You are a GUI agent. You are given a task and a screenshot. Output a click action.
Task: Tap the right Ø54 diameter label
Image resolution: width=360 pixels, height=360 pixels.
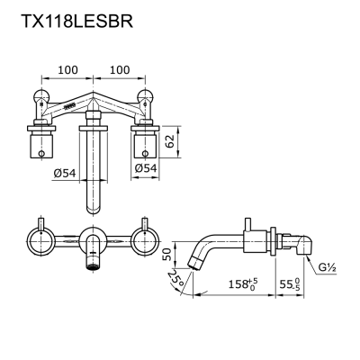tap(146, 167)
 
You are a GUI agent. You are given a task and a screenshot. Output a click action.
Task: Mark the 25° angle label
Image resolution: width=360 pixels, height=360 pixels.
tap(176, 288)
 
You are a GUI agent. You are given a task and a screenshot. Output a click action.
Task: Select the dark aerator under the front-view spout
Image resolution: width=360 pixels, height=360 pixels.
tap(91, 266)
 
